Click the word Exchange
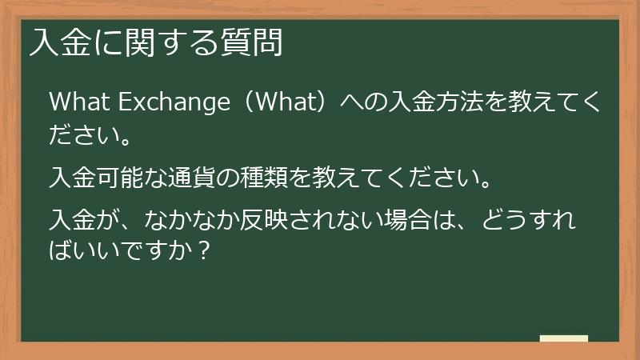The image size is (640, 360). [167, 104]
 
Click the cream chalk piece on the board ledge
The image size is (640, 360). [563, 338]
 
